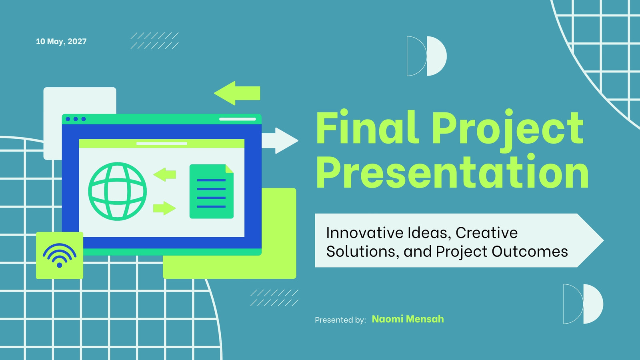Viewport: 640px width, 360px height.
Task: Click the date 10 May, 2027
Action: click(x=61, y=42)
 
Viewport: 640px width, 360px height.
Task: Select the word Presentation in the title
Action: click(x=452, y=172)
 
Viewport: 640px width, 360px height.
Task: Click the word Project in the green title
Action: click(x=508, y=131)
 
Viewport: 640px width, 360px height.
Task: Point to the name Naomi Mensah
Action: click(x=408, y=319)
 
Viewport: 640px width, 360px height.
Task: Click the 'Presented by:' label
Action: click(x=340, y=320)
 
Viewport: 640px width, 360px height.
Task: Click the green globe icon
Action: click(x=118, y=192)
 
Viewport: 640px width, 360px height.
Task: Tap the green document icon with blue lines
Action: click(x=212, y=192)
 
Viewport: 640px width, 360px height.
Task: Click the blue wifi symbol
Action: click(x=60, y=256)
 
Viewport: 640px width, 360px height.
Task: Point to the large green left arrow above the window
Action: click(x=237, y=93)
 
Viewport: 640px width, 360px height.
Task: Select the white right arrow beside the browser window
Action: click(x=280, y=140)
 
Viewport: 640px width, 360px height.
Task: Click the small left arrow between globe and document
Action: click(x=164, y=174)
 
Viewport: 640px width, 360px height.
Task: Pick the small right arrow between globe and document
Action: click(x=164, y=208)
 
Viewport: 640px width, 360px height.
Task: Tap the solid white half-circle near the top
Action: click(x=437, y=56)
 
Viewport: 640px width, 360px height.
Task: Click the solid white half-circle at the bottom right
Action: click(x=594, y=304)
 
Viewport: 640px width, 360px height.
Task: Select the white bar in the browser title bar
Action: click(x=238, y=119)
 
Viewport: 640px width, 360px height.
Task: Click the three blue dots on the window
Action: click(x=76, y=119)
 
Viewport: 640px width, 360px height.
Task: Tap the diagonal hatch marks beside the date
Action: click(x=154, y=40)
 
